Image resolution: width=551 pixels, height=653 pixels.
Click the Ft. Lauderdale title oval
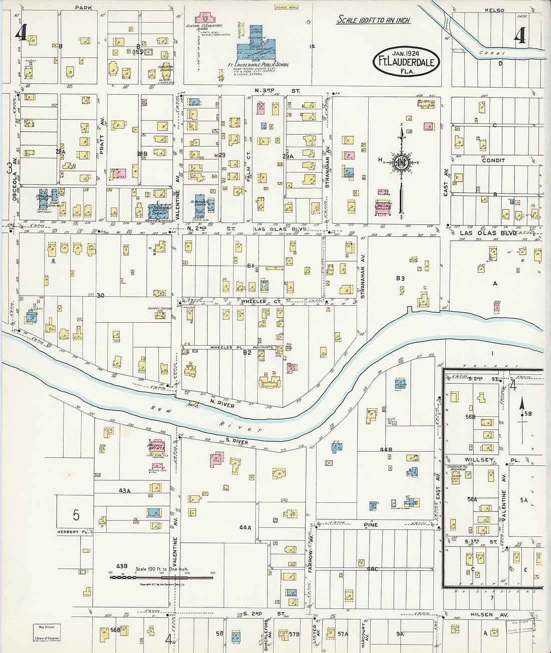pyautogui.click(x=406, y=62)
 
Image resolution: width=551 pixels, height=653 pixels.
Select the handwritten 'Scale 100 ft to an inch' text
pyautogui.click(x=373, y=20)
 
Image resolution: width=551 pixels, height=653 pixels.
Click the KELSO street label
pyautogui.click(x=494, y=10)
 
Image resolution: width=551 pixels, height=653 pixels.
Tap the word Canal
pyautogui.click(x=490, y=53)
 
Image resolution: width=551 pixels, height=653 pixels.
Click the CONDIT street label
pyautogui.click(x=493, y=161)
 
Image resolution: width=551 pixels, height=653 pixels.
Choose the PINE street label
pyautogui.click(x=371, y=525)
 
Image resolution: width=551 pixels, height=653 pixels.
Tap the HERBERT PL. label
pyautogui.click(x=73, y=532)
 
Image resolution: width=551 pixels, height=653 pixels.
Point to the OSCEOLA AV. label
pyautogui.click(x=15, y=186)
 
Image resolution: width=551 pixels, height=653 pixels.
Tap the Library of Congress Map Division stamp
pyautogui.click(x=47, y=632)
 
